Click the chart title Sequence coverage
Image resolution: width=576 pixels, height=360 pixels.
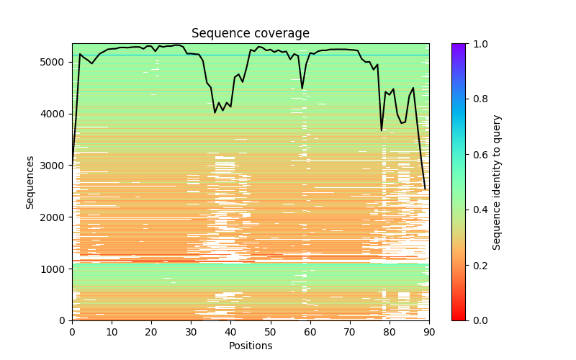coord(251,34)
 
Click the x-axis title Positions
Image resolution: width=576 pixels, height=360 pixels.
coord(251,346)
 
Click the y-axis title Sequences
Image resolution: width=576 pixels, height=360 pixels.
coord(30,182)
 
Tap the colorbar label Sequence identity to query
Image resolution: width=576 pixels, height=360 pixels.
coord(497,182)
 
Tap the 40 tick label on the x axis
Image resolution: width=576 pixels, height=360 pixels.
coord(230,332)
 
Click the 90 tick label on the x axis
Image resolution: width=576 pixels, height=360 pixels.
coord(429,332)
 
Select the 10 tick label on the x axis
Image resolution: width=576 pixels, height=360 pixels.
coord(112,332)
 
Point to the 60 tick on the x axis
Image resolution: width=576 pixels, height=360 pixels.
coord(310,320)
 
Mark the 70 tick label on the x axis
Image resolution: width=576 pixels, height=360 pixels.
coord(350,332)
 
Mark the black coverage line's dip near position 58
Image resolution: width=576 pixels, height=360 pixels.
coord(302,88)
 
